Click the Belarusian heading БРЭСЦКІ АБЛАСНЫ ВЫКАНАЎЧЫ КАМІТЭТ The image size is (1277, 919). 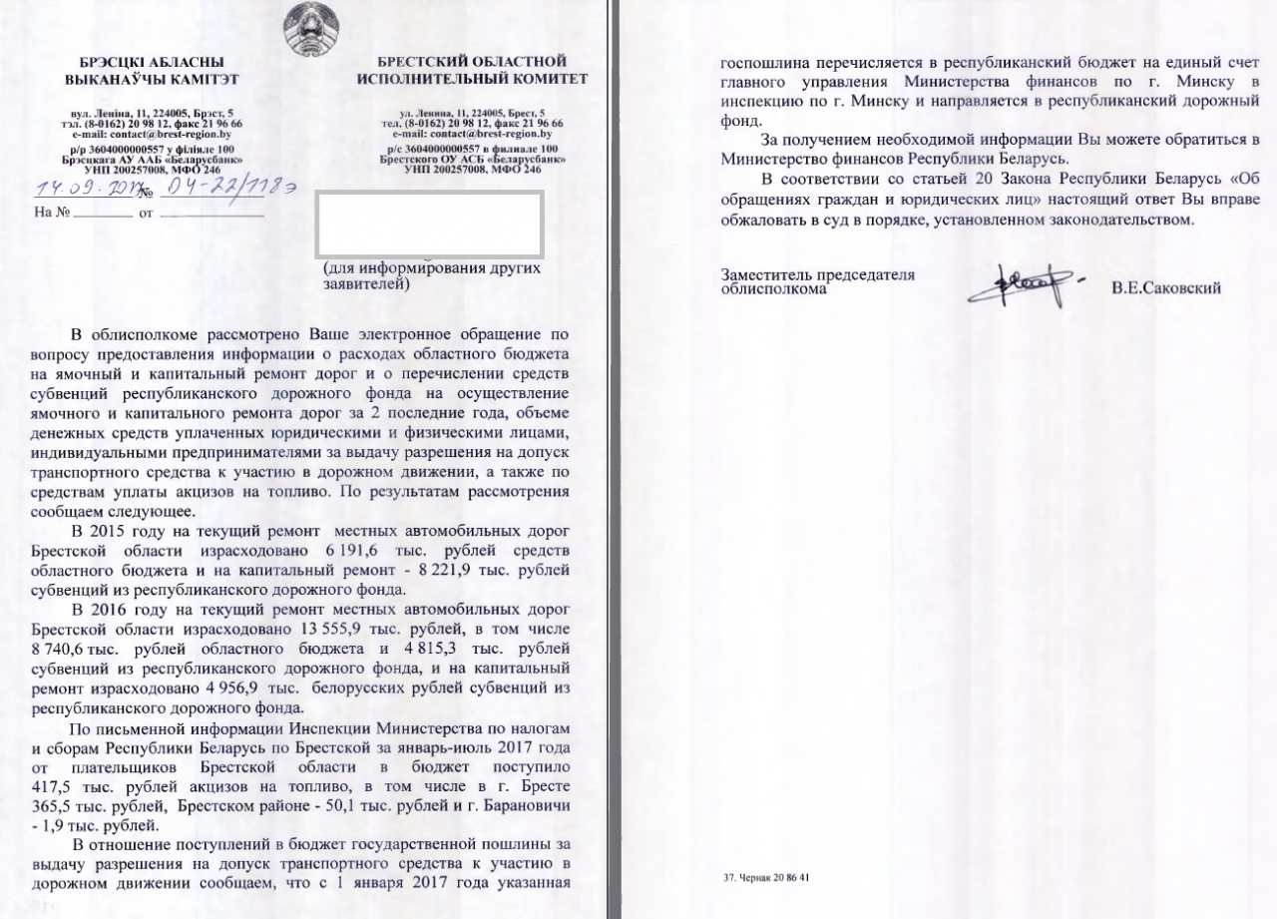click(152, 70)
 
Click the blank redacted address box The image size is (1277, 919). click(429, 224)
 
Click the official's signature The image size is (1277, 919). click(1028, 283)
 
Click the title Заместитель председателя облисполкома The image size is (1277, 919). click(818, 282)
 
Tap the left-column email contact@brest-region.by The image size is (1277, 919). click(152, 133)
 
